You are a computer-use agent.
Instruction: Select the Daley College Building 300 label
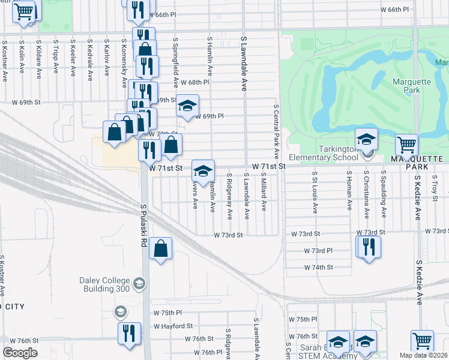click(x=104, y=284)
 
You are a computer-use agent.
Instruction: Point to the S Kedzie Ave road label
click(x=418, y=198)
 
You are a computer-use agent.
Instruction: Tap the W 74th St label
click(x=318, y=267)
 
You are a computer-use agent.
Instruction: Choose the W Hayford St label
click(x=172, y=326)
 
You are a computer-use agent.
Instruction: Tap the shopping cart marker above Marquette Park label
click(x=407, y=145)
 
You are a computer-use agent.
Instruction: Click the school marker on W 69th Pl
click(x=187, y=106)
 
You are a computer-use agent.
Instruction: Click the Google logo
click(x=20, y=352)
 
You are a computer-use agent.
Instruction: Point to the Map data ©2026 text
click(x=424, y=355)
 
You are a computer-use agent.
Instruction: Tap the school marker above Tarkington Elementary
click(x=366, y=139)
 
